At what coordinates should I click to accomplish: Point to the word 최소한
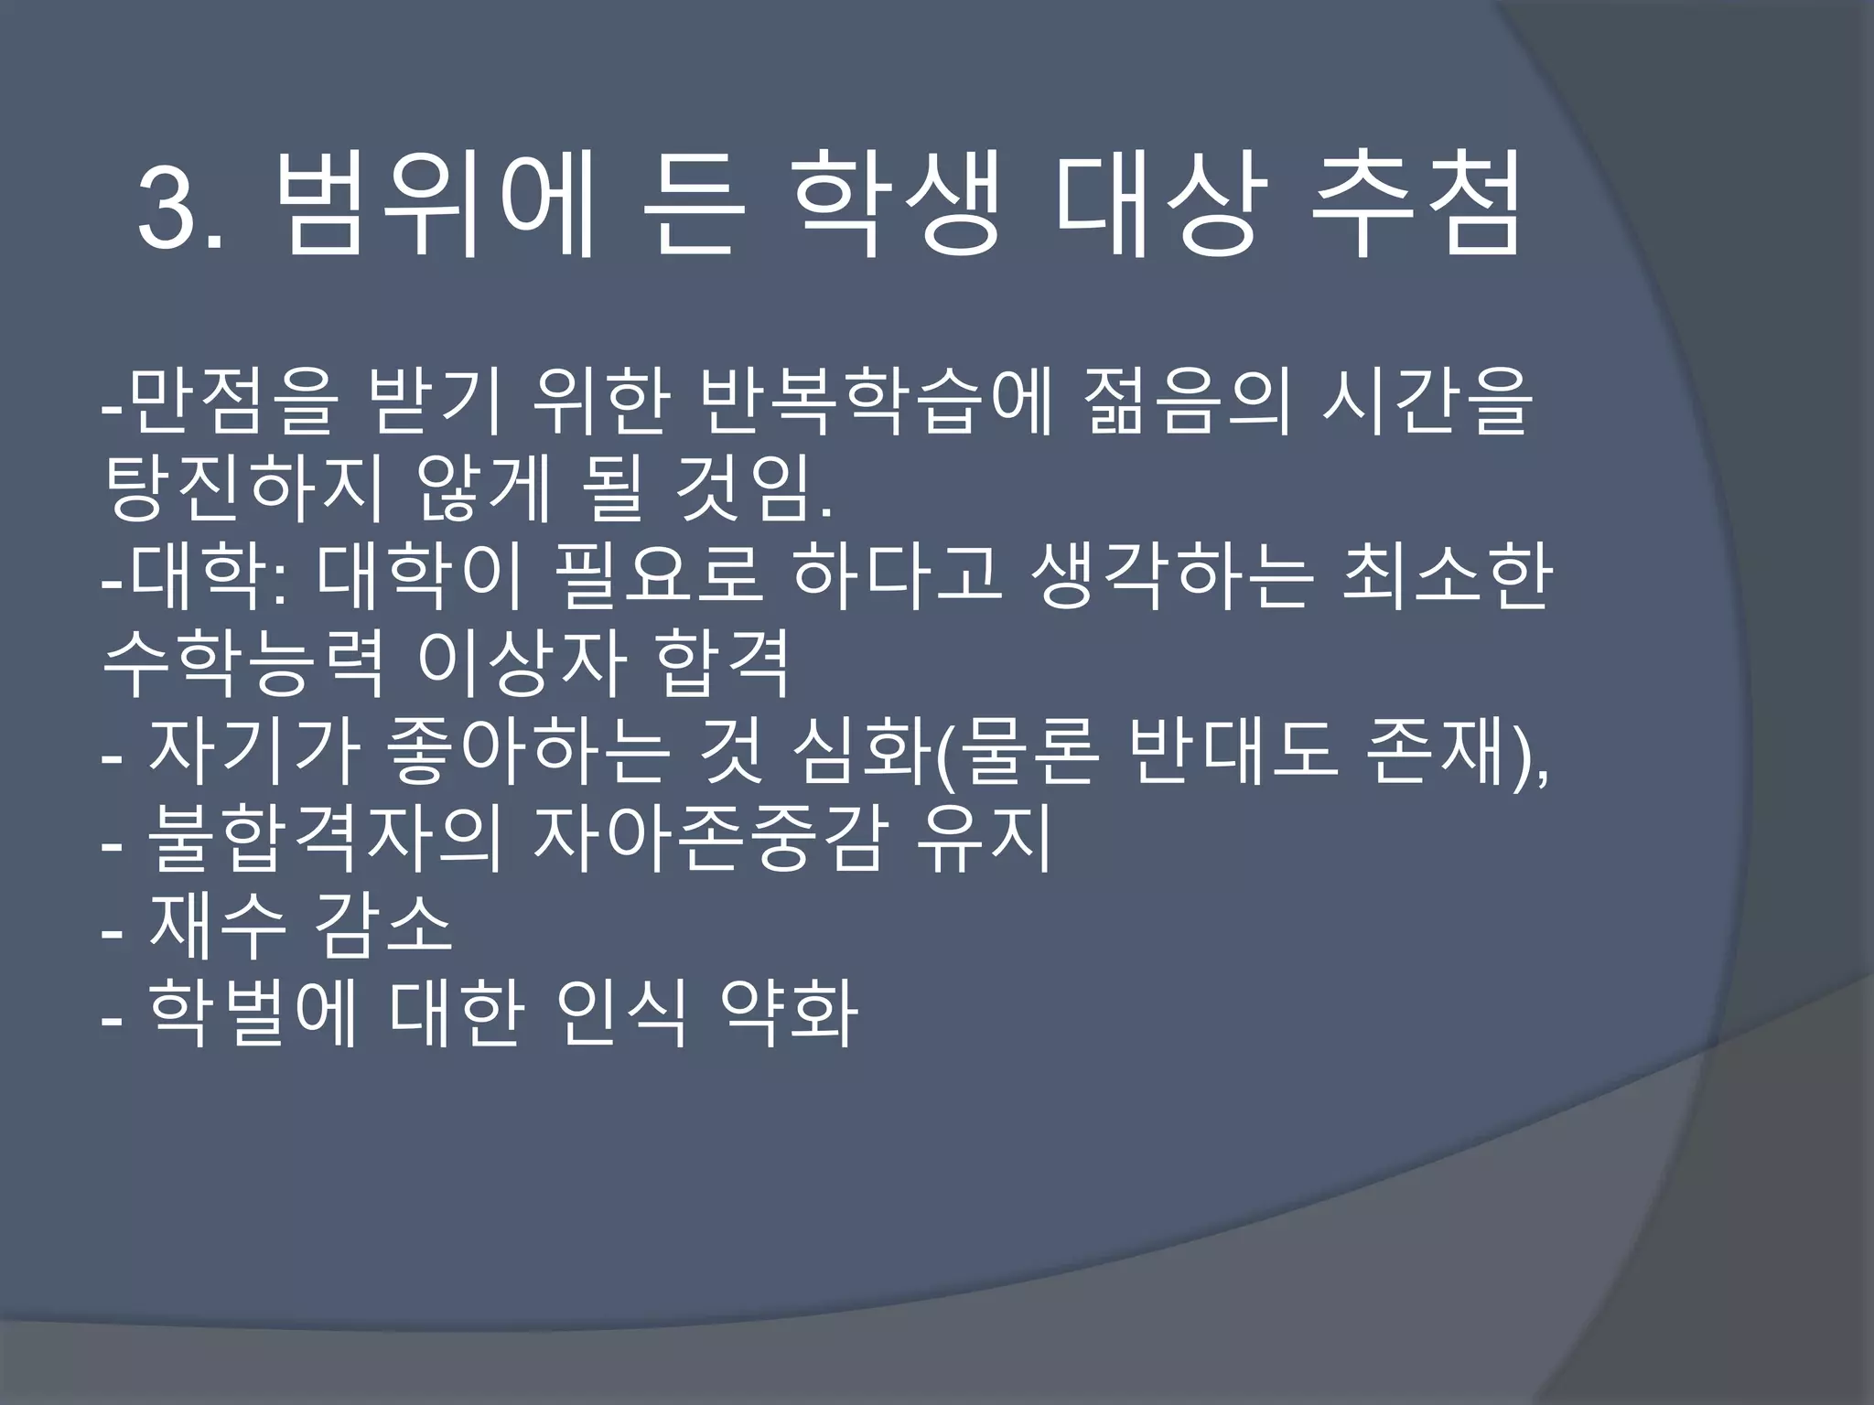pyautogui.click(x=1447, y=577)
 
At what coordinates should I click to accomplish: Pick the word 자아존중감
pyautogui.click(x=709, y=840)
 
